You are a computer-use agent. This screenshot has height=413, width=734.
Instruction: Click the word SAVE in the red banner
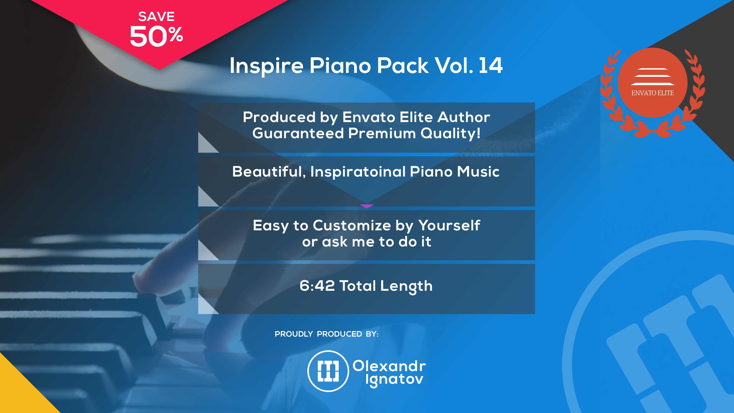pos(156,16)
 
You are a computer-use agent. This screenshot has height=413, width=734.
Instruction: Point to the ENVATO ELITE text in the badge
pos(652,93)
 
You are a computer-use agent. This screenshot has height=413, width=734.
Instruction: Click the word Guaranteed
pos(298,133)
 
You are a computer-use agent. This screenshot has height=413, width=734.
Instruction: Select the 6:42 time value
pos(317,286)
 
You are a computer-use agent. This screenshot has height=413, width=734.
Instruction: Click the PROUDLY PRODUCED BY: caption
pos(327,334)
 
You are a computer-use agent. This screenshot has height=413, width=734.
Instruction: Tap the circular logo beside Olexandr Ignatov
pos(328,371)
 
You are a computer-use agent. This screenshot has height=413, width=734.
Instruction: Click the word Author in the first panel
pos(464,117)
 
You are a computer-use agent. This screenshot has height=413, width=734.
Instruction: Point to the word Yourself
pos(449,226)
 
